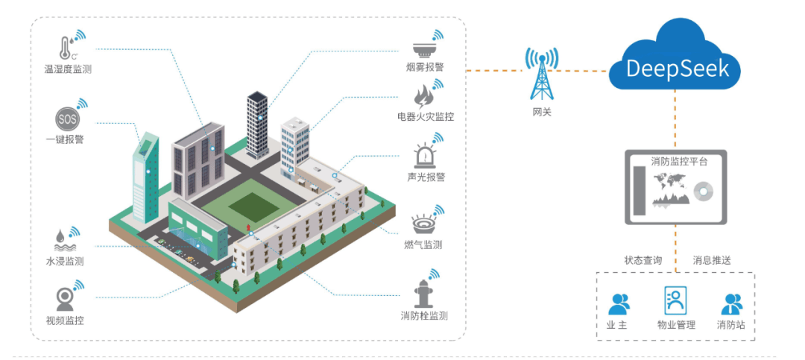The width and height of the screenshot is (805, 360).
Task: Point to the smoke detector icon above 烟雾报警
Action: tap(423, 49)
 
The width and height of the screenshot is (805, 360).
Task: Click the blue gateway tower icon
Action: tap(541, 74)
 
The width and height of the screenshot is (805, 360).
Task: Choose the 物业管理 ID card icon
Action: tap(675, 300)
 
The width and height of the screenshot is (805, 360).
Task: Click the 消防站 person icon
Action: tap(732, 304)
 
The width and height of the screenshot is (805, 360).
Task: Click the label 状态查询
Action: tap(643, 260)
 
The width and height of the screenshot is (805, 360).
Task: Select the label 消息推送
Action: tap(712, 260)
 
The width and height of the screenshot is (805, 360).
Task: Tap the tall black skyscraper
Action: tap(257, 124)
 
